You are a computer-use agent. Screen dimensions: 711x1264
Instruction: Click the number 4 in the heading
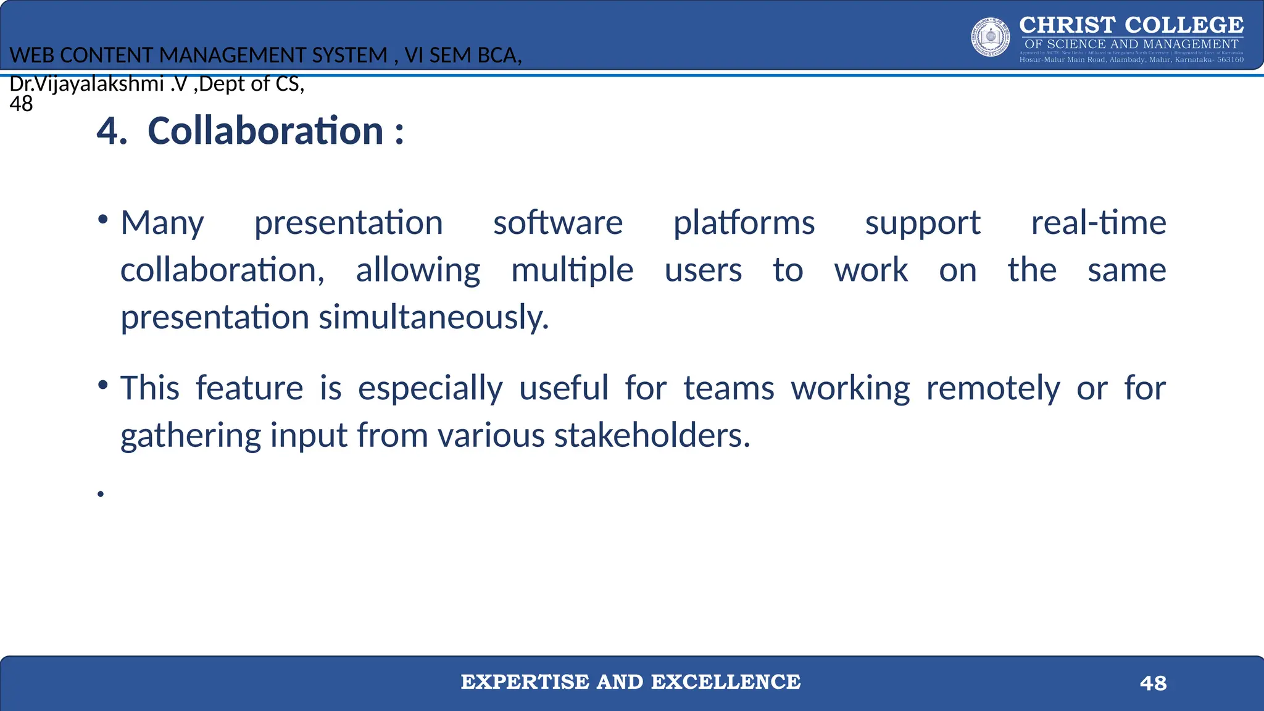(110, 131)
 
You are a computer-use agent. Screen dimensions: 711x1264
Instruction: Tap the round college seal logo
(991, 37)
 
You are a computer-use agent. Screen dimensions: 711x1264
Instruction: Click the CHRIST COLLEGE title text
(1131, 25)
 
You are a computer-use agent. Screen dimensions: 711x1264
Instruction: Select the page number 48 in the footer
(1153, 683)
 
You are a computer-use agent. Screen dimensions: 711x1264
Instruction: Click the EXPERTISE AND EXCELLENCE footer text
(630, 682)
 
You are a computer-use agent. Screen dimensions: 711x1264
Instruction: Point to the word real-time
(1098, 223)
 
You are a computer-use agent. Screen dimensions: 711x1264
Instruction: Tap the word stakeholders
(652, 435)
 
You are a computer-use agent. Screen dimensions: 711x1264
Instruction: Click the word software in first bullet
(557, 223)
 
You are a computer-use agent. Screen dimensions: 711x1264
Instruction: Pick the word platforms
(743, 223)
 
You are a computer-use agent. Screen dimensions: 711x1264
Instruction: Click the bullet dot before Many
(103, 220)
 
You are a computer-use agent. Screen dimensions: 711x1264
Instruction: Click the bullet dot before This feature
(103, 386)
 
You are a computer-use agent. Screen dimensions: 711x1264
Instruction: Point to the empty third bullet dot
(101, 493)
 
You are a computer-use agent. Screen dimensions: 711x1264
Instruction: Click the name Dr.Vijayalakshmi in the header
(86, 83)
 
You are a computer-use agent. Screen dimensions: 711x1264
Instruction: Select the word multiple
(572, 270)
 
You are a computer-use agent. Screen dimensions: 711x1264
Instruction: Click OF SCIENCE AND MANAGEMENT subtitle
(1131, 44)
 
